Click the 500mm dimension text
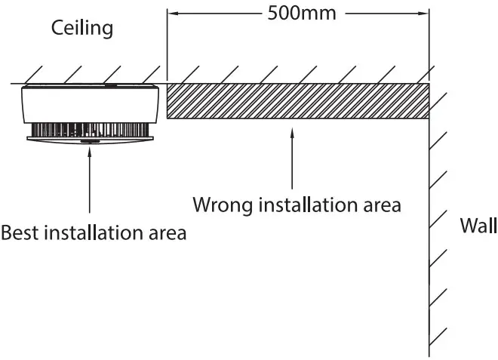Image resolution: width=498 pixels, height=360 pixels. point(301,14)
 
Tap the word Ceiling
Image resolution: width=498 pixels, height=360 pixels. point(82,29)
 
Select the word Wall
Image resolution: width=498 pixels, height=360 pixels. point(478,226)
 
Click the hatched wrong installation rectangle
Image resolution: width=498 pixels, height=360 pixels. point(297,100)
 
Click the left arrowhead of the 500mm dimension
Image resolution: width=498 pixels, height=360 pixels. point(171,14)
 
